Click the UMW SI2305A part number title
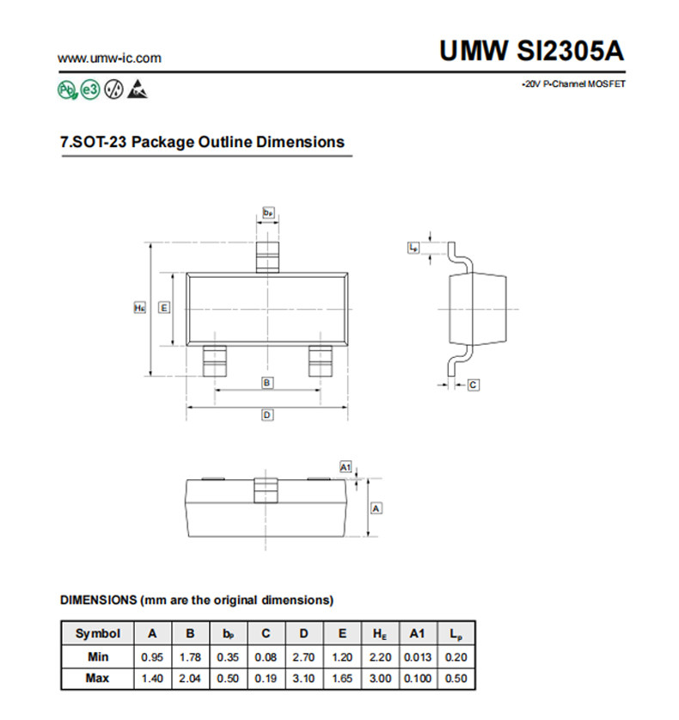tap(532, 50)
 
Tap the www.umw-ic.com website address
tap(110, 58)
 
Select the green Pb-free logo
tap(67, 89)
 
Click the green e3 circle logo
tap(90, 89)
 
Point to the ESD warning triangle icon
tap(138, 89)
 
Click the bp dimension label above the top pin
tap(268, 212)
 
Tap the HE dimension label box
tap(139, 308)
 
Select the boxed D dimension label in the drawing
tap(267, 415)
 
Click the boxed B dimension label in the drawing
tap(267, 383)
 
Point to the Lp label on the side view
tap(413, 248)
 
